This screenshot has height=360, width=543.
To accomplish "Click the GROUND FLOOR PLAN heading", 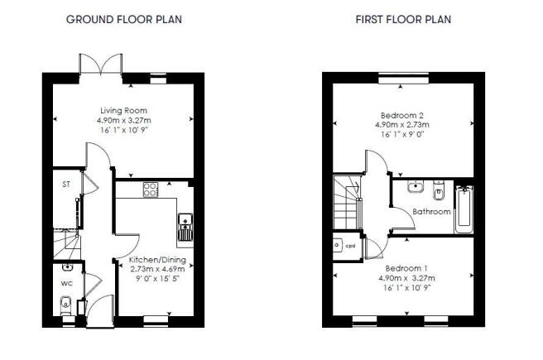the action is (124, 19).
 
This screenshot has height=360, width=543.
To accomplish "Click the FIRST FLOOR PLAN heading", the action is (403, 19).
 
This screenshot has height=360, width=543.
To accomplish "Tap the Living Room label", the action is (123, 110).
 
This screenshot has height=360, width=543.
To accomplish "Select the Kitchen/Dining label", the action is (157, 260).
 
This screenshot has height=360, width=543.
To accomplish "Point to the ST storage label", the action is (66, 185).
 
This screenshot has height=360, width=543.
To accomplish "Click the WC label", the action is (67, 284).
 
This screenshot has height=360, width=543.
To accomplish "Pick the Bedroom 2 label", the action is (402, 115).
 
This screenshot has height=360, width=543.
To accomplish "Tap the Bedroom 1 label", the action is (406, 268).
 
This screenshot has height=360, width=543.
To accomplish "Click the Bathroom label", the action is (431, 212).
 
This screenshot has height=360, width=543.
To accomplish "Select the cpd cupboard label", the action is (350, 246).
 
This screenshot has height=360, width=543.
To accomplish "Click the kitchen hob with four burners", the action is (151, 190).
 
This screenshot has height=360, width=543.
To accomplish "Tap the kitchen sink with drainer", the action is (185, 227).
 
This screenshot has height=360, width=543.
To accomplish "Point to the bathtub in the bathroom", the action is (464, 209).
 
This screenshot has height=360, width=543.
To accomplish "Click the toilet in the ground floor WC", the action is (65, 305).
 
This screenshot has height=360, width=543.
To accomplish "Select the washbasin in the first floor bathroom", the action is (416, 186).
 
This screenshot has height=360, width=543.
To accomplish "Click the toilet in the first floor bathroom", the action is (439, 190).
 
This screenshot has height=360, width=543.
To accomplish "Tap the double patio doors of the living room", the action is (101, 65).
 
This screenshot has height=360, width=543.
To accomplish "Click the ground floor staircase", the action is (67, 244).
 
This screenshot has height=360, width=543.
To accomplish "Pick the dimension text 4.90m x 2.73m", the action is (402, 125).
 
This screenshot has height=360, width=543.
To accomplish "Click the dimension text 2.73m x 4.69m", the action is (157, 269).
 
